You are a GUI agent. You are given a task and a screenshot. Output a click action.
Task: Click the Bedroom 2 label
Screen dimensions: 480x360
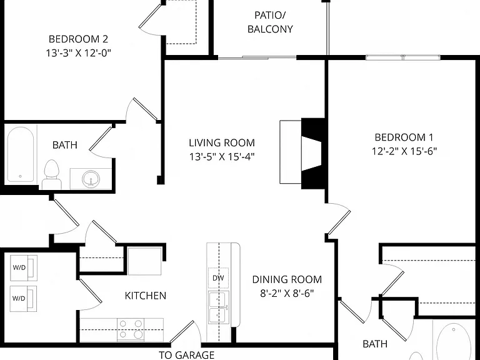point(78,39)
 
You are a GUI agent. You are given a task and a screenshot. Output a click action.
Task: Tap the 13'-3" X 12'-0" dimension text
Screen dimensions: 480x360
point(78,53)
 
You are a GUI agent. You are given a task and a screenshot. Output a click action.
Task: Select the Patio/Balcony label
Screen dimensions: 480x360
point(270,22)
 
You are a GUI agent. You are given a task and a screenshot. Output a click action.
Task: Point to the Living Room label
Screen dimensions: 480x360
point(222,143)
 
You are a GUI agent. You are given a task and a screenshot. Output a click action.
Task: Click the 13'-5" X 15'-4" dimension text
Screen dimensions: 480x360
point(222,157)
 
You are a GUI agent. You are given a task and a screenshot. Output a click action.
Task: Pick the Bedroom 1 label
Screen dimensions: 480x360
point(404,137)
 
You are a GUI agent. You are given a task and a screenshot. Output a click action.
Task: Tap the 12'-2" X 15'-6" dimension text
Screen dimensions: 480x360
point(404,151)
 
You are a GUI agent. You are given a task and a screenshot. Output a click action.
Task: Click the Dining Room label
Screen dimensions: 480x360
point(287,279)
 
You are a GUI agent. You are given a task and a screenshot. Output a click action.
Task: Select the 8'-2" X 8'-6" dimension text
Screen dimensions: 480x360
point(287,293)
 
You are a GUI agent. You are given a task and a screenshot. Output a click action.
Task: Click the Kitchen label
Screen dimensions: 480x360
point(146,296)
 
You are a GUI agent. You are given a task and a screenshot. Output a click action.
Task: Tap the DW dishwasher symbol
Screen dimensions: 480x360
point(218,278)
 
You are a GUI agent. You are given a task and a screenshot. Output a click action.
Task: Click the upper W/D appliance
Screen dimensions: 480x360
point(24,268)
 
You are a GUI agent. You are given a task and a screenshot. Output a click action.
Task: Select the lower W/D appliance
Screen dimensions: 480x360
point(24,299)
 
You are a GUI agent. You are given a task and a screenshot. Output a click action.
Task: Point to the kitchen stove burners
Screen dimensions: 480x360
point(131,329)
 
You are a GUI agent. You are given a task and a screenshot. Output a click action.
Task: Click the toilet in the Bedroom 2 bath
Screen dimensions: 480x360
point(51,175)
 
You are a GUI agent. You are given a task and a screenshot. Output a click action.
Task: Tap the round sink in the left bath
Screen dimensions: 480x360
point(91,179)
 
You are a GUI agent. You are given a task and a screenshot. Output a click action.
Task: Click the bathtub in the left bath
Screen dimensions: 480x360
point(21,154)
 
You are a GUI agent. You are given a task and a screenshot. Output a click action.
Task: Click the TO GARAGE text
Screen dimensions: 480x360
point(186,355)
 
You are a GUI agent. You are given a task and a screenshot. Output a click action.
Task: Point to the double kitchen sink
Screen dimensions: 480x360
point(218,307)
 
